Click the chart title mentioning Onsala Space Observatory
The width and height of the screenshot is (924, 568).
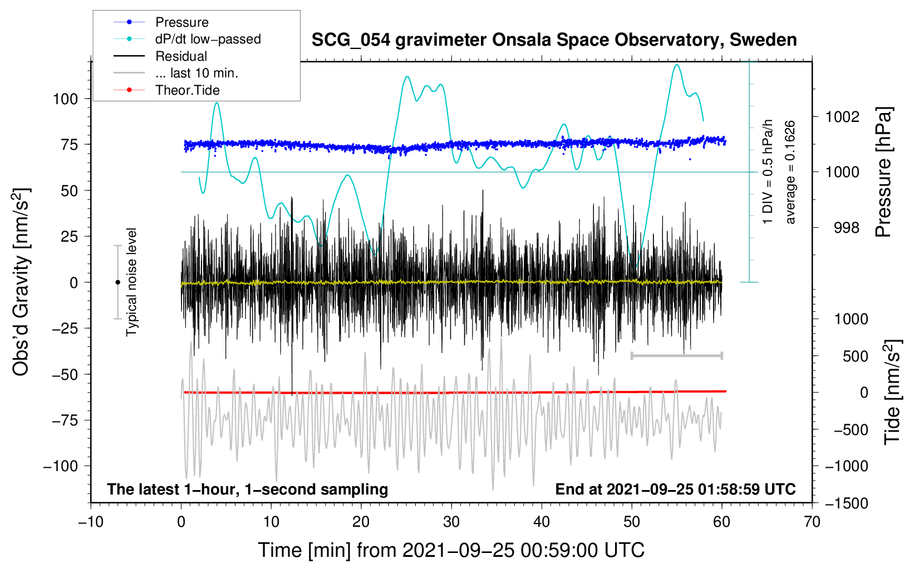[554, 40]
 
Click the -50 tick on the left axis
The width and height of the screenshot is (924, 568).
[65, 374]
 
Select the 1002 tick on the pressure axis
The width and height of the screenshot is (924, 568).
[842, 117]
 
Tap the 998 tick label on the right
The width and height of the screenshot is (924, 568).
[847, 227]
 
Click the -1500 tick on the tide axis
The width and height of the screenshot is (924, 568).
[847, 503]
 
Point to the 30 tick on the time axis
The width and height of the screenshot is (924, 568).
[451, 522]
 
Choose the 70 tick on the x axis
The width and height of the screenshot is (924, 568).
[812, 522]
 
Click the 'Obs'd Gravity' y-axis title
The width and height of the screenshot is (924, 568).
[21, 282]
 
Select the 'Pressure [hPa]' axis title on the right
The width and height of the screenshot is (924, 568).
[884, 173]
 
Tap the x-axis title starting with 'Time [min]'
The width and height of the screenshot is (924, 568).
[451, 551]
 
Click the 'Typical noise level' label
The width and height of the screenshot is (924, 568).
[131, 282]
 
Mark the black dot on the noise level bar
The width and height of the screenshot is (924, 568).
[117, 282]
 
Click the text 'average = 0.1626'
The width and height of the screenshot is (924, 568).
[789, 173]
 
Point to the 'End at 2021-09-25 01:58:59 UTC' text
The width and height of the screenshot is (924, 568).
[675, 489]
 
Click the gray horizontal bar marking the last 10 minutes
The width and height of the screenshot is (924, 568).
[676, 355]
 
